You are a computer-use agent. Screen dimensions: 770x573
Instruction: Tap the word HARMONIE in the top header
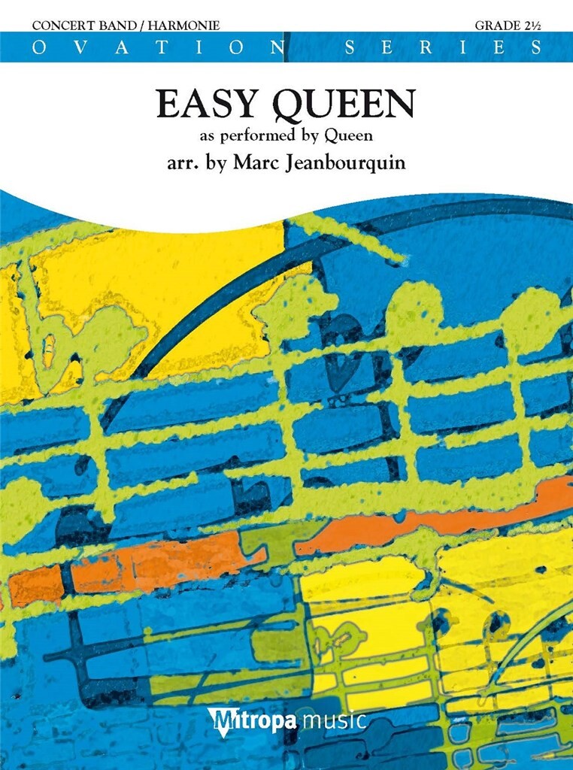click(186, 26)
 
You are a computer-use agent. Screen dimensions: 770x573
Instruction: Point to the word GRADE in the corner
click(494, 26)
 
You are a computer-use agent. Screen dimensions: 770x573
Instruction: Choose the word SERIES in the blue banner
click(442, 47)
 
